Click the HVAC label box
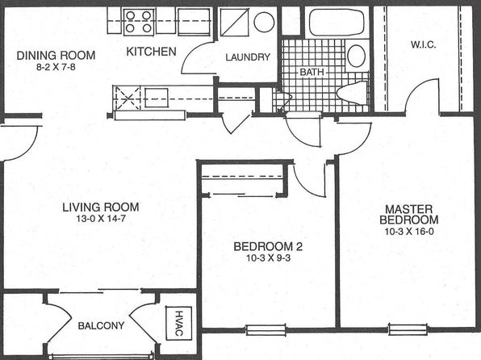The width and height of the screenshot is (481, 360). click(179, 323)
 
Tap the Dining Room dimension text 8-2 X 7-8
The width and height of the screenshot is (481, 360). click(56, 67)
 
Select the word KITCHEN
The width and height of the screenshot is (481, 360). click(151, 52)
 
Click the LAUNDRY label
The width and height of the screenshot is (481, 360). click(248, 57)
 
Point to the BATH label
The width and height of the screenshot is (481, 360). click(312, 72)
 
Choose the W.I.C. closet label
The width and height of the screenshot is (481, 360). click(424, 45)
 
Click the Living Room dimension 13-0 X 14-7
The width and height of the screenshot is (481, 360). click(101, 219)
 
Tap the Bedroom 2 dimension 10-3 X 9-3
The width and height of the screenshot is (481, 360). click(268, 258)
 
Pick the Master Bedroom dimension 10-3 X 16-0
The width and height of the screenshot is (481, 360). click(409, 232)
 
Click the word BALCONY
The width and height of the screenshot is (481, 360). click(101, 325)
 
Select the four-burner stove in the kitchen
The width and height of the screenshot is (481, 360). click(139, 22)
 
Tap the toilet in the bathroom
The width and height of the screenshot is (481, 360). click(352, 92)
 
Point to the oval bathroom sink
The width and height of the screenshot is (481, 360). click(356, 57)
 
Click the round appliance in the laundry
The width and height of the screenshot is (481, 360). click(264, 22)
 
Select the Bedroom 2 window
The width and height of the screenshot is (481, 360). click(266, 330)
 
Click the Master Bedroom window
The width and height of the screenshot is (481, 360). click(408, 329)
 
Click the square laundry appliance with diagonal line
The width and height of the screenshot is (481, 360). click(234, 22)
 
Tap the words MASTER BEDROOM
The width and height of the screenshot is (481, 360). click(409, 215)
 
